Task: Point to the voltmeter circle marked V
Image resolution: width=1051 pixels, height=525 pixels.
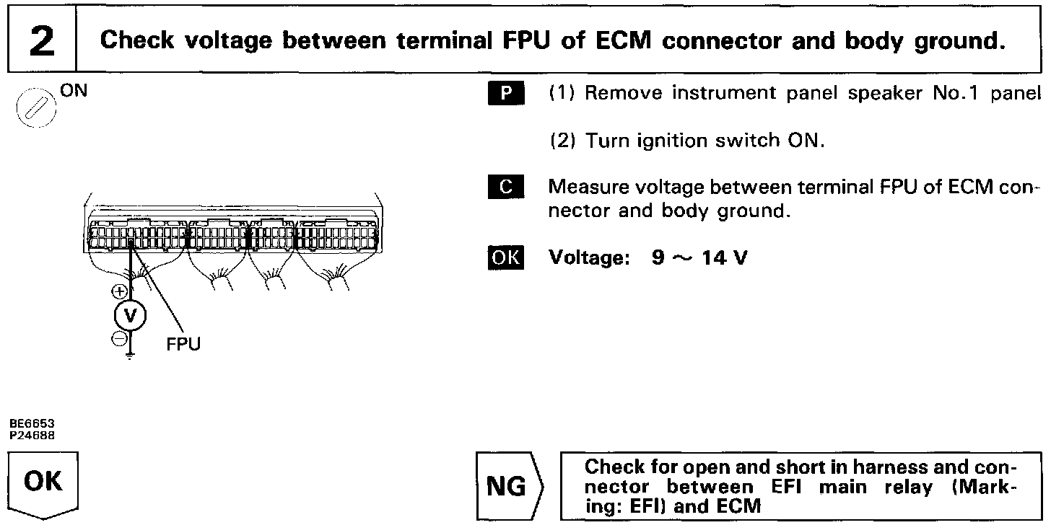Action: (x=130, y=314)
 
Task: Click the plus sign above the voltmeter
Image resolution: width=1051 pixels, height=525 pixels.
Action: (x=120, y=292)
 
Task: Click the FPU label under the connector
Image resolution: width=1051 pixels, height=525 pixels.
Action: (x=183, y=345)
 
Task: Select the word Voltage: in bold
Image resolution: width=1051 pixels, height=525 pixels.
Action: (x=590, y=257)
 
